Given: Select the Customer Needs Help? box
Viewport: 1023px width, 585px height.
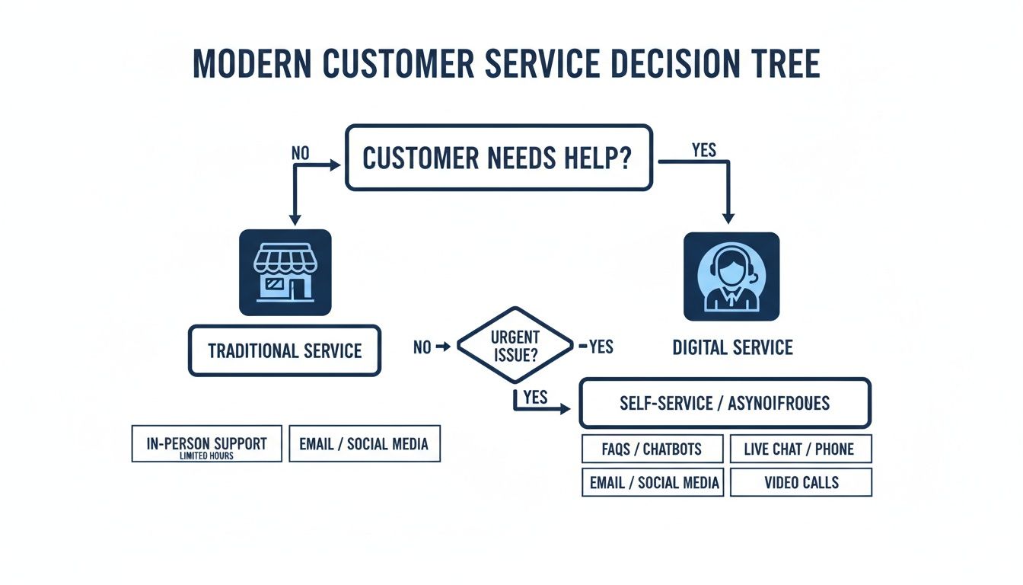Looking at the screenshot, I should pos(499,158).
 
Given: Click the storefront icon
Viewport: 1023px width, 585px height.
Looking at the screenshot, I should pos(285,273).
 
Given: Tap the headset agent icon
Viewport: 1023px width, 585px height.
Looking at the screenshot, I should pos(731,277).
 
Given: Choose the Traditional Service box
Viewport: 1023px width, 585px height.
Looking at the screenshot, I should pos(285,351).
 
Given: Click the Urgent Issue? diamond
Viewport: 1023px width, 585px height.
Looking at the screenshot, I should pos(515,345).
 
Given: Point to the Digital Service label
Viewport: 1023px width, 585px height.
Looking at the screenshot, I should pos(732,348).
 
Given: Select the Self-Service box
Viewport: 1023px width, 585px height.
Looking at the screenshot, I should pos(725,403).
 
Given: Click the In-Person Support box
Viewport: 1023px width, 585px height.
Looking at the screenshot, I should pos(206,443).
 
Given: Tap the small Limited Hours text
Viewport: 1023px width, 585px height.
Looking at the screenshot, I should pos(206,456).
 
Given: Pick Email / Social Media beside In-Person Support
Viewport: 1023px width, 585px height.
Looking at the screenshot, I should pos(364,443).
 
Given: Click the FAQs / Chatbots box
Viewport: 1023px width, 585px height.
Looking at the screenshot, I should pos(652,449).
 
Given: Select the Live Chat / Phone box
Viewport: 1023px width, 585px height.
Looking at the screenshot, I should pos(800,449).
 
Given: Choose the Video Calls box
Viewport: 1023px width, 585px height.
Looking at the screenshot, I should pos(800,482).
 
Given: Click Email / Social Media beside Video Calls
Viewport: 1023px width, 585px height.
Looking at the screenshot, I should pos(652,482).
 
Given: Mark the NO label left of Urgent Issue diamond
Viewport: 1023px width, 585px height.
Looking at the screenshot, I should pos(422,347).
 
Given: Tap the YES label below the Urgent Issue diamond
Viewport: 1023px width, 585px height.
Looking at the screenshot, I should pos(536,397).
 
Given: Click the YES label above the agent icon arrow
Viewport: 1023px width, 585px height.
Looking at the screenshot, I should pos(703,150).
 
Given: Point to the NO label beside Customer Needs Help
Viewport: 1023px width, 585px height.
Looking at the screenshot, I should pos(301,152).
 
